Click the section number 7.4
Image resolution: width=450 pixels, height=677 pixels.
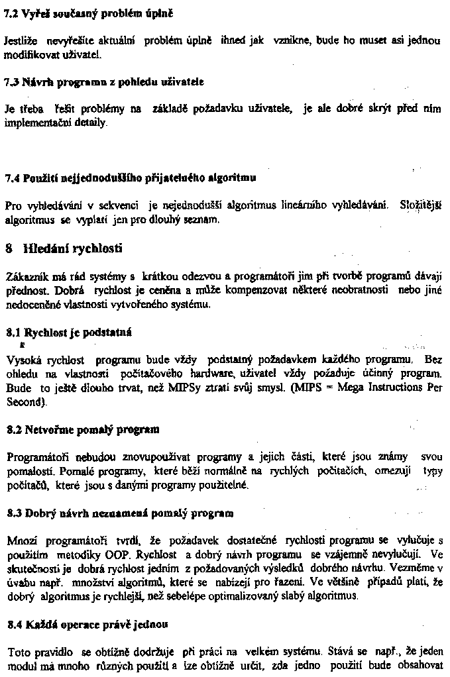coord(12,178)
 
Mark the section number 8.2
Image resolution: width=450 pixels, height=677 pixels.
coord(13,429)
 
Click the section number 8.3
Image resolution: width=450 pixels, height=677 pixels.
coord(13,513)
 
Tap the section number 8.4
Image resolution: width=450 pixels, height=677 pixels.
coord(13,623)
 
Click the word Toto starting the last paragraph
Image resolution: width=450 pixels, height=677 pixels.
coord(16,651)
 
